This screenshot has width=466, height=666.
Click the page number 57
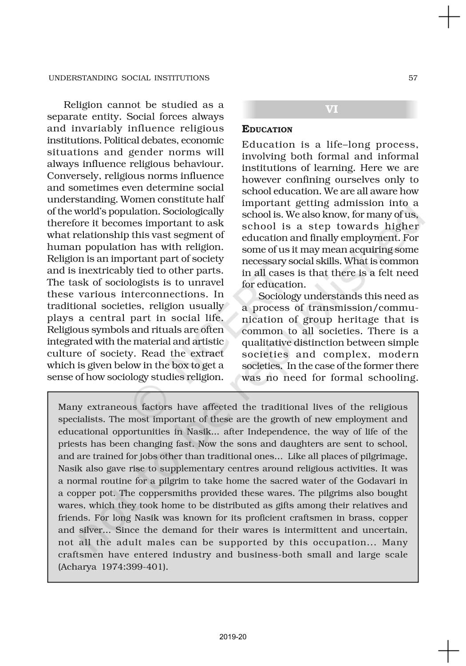point(413,78)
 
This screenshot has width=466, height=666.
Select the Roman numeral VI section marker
point(332,109)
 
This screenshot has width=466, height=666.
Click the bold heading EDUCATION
point(267,130)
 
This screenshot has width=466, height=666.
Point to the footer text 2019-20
point(233,637)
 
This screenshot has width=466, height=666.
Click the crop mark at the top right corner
point(449,18)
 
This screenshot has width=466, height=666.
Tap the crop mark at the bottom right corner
point(449,651)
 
